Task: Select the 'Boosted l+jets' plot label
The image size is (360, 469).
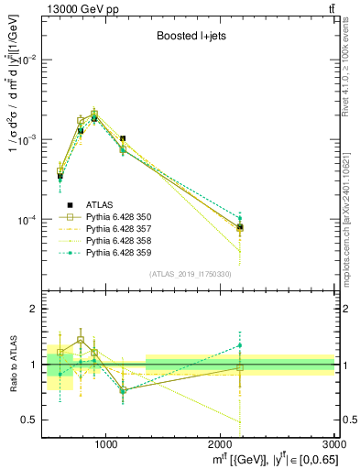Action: (189, 37)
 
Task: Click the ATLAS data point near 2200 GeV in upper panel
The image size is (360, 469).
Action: (240, 227)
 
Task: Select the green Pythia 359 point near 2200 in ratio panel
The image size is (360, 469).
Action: (240, 345)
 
